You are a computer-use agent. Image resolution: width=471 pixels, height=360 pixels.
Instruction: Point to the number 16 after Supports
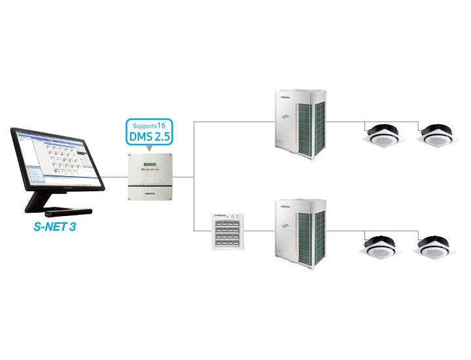pos(163,124)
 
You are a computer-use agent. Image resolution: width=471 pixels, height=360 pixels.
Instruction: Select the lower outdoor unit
pos(300,230)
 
